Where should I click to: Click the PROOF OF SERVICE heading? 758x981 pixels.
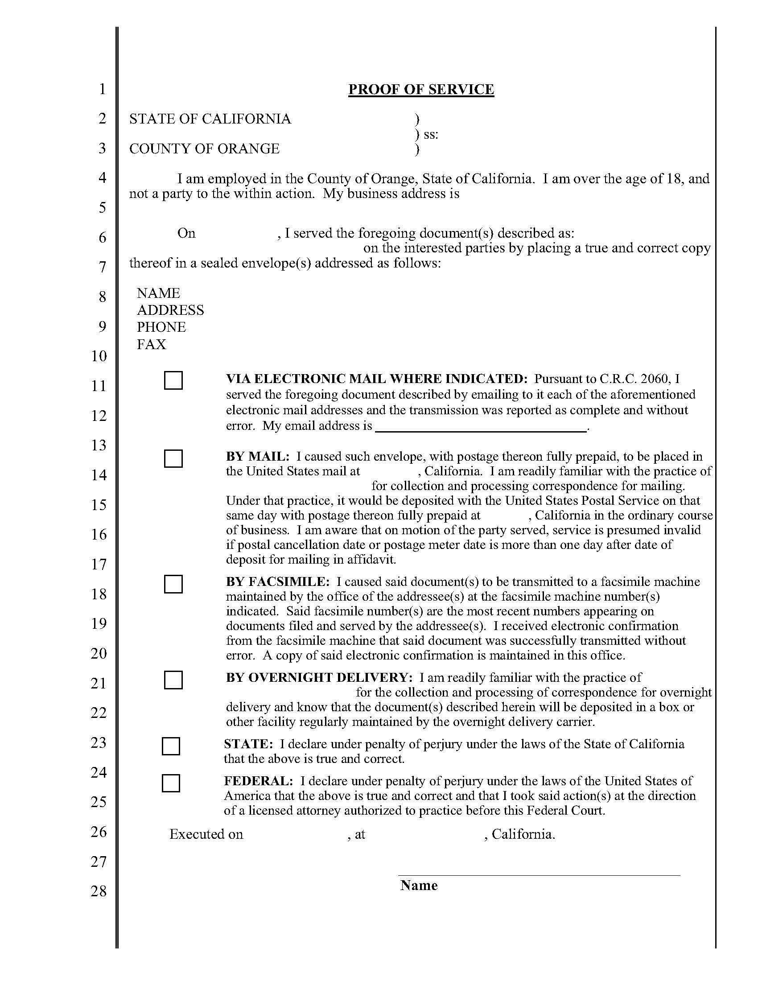coord(421,89)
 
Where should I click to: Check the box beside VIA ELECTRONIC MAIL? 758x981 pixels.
coord(173,380)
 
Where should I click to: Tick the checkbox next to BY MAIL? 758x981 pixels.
coord(173,458)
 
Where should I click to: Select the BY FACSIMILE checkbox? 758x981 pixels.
coord(173,584)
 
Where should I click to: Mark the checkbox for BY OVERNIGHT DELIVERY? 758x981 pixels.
coord(173,680)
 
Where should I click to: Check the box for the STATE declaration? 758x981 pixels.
coord(171,746)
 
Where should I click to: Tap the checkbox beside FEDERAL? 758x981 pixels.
coord(171,783)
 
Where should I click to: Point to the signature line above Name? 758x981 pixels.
coord(539,875)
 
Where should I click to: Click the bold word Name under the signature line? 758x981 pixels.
coord(419,885)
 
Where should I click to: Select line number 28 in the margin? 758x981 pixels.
coord(99,891)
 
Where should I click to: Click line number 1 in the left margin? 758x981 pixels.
coord(103,89)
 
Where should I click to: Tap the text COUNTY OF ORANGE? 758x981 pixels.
coord(204,148)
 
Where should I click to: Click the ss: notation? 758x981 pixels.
coord(430,134)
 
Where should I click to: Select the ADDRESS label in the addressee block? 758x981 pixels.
coord(170,310)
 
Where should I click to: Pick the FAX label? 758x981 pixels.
coord(151,344)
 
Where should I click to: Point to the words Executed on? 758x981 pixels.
coord(206,834)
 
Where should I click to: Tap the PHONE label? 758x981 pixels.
coord(161,327)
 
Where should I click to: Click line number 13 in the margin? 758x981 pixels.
coord(99,445)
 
